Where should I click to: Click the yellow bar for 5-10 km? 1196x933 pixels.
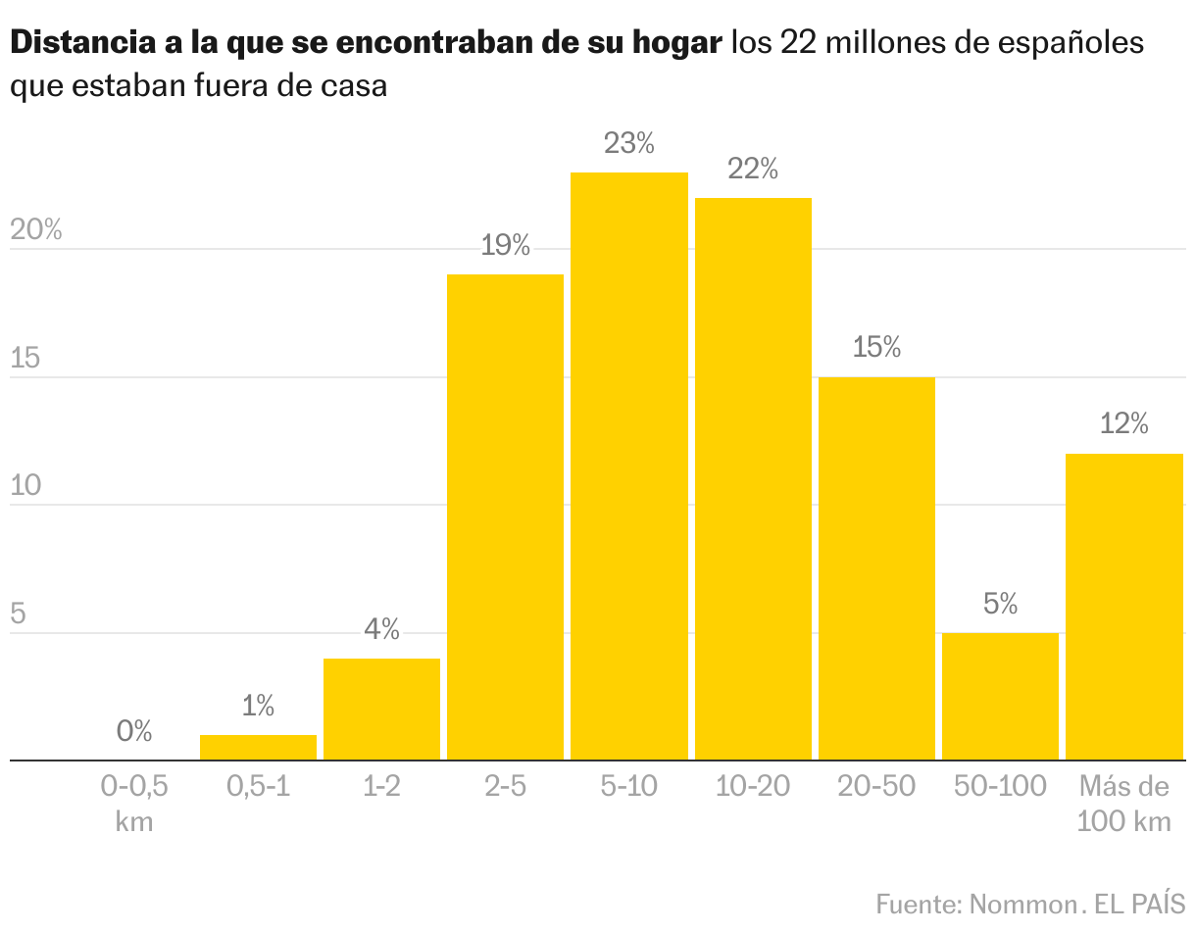point(628,466)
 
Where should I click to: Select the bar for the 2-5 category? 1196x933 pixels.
point(505,516)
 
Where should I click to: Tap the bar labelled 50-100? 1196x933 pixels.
point(1000,696)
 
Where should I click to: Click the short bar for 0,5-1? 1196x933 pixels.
point(258,747)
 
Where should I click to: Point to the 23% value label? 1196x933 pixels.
point(628,144)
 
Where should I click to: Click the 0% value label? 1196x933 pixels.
point(134,731)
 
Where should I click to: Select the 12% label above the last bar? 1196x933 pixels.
point(1123,424)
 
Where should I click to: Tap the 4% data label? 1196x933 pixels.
point(381,629)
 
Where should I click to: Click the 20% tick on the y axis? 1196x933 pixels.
point(35,231)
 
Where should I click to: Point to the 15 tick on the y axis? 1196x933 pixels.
point(25,359)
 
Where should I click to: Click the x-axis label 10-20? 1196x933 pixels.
point(752,786)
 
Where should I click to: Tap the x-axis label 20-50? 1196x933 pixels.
point(876,786)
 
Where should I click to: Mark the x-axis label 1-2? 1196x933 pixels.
point(381,786)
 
